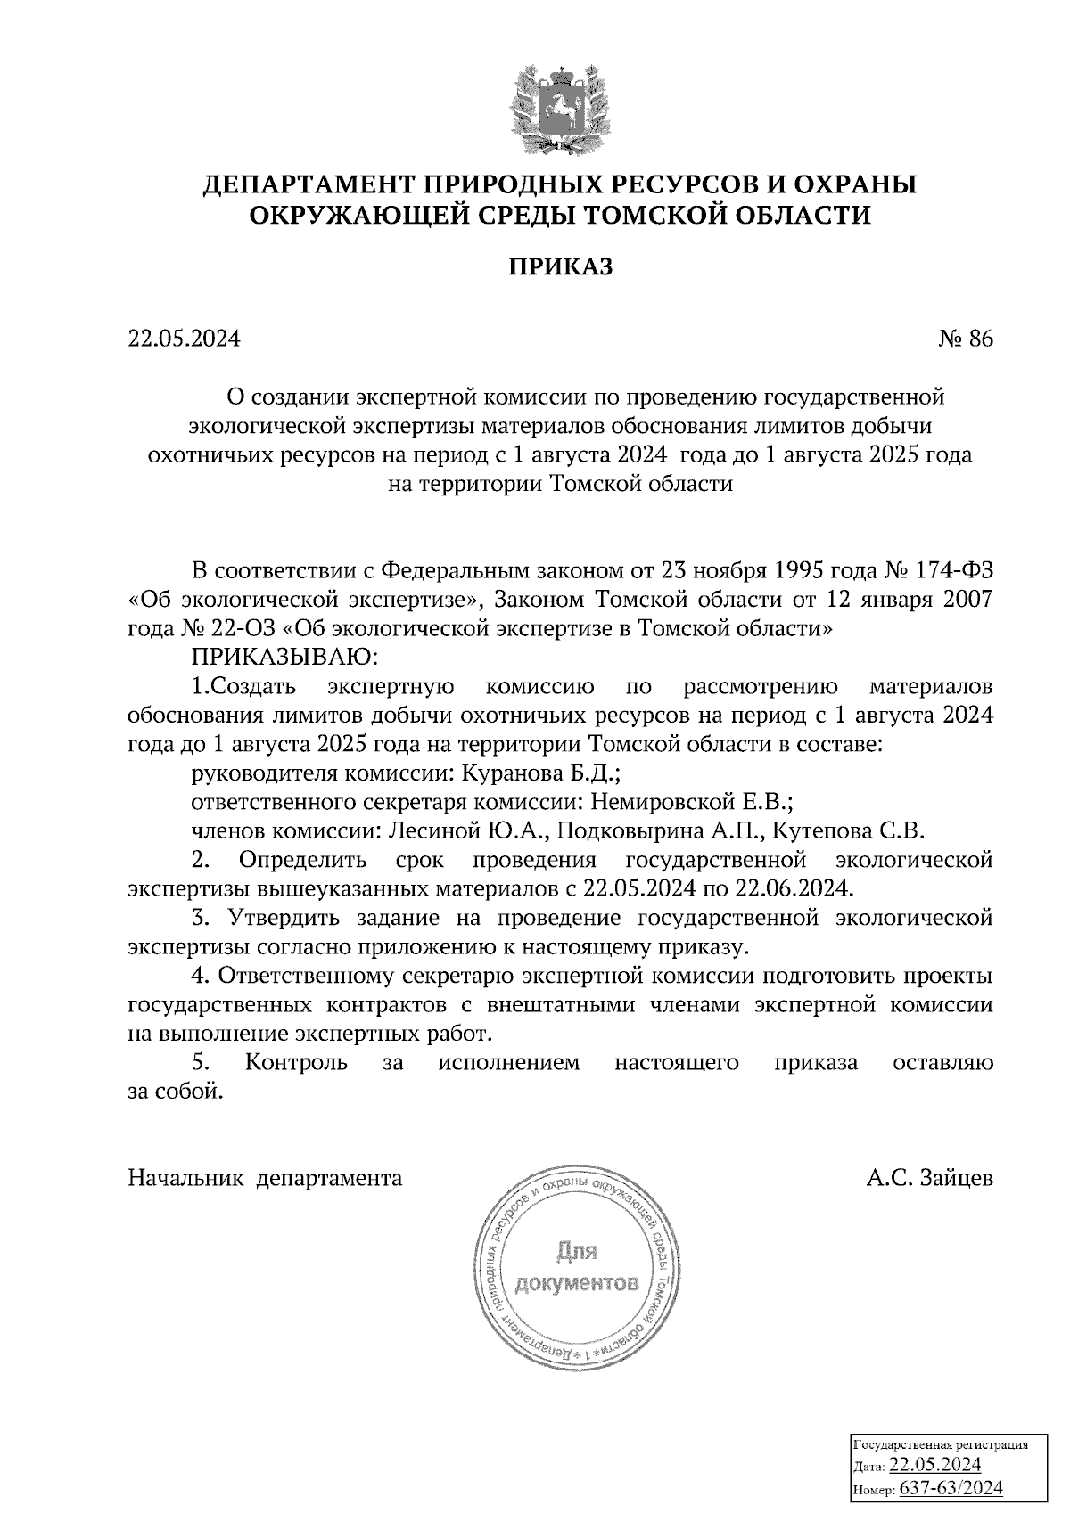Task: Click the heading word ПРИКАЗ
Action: click(x=561, y=266)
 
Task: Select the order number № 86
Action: click(x=965, y=339)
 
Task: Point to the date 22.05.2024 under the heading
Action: click(x=185, y=339)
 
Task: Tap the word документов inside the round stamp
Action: click(x=577, y=1284)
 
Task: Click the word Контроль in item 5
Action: click(x=296, y=1063)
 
